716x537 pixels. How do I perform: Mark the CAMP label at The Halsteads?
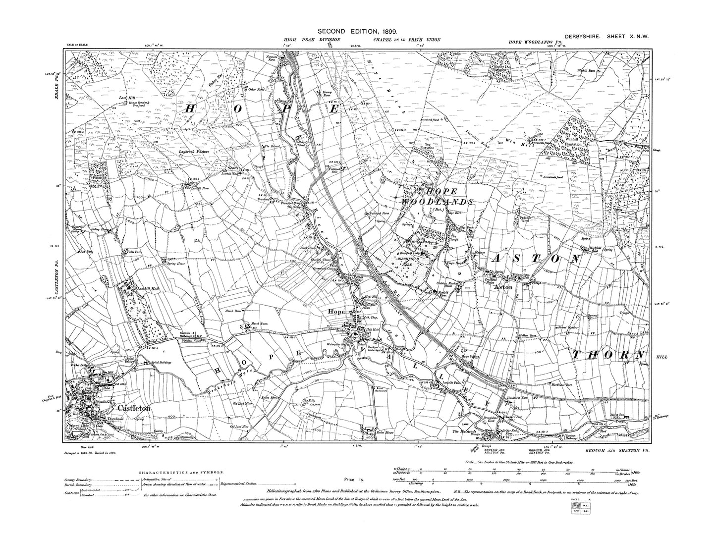[x=465, y=424]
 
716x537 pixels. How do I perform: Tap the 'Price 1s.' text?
[x=354, y=480]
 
